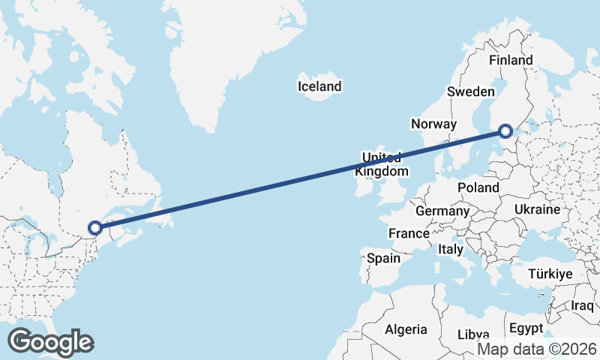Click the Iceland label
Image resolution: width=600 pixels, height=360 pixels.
[319, 87]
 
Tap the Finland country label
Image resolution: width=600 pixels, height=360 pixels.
[510, 60]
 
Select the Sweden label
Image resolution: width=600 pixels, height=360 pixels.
[471, 91]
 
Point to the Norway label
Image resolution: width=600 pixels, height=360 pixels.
[433, 124]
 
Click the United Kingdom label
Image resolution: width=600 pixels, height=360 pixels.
[385, 164]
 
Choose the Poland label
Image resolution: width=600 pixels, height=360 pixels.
[478, 187]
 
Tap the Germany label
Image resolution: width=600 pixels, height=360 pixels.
[442, 211]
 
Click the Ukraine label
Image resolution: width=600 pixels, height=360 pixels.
[538, 209]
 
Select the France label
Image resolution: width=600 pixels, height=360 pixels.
[409, 234]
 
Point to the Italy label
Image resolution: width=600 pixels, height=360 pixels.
[451, 248]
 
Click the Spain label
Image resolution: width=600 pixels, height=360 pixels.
[383, 259]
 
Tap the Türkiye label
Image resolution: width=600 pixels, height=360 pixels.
[550, 274]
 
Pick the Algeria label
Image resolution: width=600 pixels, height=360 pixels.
[406, 329]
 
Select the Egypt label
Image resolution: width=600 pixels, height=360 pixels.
[526, 328]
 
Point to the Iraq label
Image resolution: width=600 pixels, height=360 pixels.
[582, 306]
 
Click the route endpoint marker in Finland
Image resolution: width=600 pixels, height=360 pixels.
[505, 131]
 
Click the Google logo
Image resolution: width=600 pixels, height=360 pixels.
[50, 342]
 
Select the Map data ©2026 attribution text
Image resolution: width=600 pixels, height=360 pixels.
[537, 349]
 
